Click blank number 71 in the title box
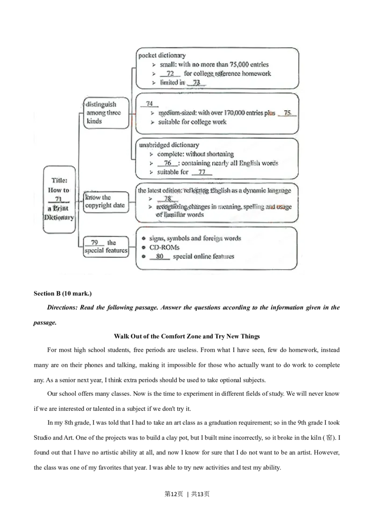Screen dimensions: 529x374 click(58, 199)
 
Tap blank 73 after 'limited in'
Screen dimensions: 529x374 click(196, 83)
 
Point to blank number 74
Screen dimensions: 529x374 click(150, 104)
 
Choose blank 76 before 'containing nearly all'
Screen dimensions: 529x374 click(168, 163)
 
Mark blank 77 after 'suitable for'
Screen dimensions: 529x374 click(202, 172)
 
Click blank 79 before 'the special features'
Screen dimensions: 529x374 click(94, 243)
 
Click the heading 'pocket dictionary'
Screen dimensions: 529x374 click(162, 55)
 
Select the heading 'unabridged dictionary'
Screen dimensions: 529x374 click(169, 145)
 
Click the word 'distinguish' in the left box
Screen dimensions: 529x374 click(101, 104)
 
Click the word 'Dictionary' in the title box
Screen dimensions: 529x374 click(59, 217)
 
